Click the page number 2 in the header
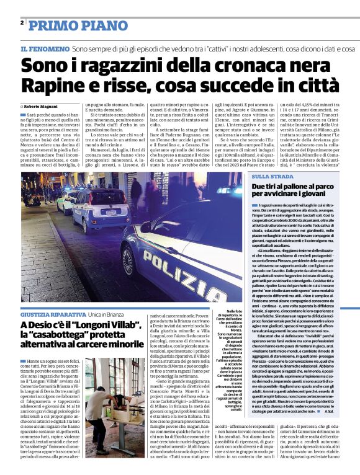tap(22, 23)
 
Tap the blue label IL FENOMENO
tap(45, 48)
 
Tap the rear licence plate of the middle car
tap(110, 212)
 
